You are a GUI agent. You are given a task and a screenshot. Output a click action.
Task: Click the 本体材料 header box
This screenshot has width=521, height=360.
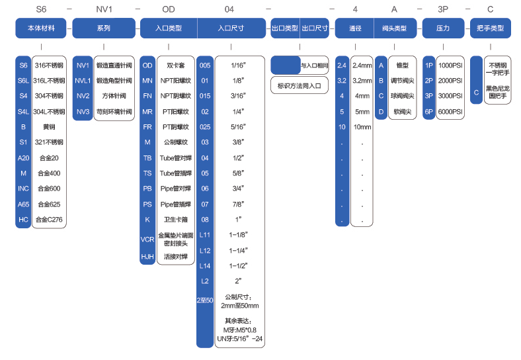(41, 28)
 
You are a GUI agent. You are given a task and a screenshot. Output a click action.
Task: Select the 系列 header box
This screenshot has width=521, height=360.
(103, 28)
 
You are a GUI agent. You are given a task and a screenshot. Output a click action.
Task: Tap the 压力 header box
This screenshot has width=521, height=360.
(444, 28)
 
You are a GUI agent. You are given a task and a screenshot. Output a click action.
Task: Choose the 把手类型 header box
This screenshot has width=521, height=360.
(490, 28)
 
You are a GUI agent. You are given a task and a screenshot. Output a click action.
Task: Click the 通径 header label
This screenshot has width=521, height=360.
(355, 28)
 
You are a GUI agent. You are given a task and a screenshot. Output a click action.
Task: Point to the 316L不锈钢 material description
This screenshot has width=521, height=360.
(49, 81)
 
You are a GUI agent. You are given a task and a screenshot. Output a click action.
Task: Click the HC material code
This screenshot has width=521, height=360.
(23, 219)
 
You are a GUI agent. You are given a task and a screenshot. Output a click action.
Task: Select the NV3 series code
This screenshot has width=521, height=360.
(83, 111)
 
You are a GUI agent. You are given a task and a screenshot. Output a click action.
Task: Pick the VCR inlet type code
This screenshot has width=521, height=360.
(147, 239)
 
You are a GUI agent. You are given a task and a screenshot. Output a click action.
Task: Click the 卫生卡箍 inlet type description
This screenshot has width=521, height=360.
(175, 218)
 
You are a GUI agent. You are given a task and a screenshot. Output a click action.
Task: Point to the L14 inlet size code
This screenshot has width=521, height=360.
(205, 265)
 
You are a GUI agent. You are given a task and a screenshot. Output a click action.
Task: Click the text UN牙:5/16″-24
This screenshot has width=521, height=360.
(239, 339)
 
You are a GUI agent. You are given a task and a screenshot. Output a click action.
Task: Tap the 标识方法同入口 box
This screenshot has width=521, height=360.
(300, 85)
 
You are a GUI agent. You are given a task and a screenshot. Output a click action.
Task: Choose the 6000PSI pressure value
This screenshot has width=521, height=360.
(450, 111)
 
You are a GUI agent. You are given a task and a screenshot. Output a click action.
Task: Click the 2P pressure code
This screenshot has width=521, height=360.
(429, 81)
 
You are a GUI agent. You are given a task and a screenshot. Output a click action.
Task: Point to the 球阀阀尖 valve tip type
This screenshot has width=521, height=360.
(402, 96)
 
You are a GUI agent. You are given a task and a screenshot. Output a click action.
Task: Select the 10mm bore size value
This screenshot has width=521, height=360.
(362, 126)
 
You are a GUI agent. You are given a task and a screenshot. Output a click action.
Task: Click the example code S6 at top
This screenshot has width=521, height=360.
(41, 10)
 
